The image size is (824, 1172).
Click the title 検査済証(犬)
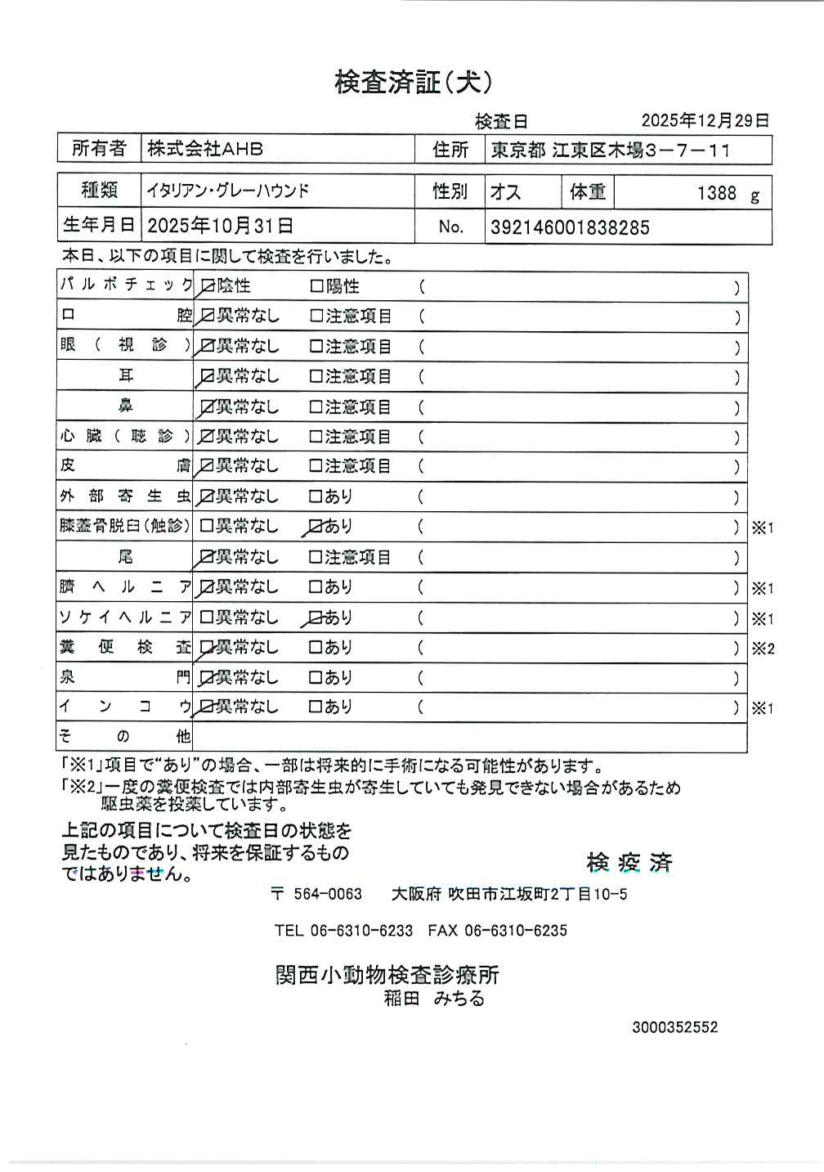(x=413, y=82)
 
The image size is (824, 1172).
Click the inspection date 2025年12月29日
(x=705, y=120)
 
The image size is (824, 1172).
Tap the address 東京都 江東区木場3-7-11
(x=610, y=150)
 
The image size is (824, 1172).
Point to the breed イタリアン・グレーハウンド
(x=228, y=191)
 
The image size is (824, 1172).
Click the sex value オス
(x=505, y=192)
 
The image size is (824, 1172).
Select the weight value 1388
(x=717, y=193)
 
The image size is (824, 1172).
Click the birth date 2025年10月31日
(x=220, y=226)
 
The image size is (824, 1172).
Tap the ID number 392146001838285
(x=570, y=227)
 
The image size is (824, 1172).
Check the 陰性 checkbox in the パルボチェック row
(x=207, y=286)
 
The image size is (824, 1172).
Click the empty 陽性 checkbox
(x=316, y=287)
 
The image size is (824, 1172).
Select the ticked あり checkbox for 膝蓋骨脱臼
(x=316, y=527)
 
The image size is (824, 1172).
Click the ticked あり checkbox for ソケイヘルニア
(x=316, y=617)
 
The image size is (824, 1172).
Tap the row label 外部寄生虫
(x=124, y=496)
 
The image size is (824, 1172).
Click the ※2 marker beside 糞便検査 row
(x=762, y=649)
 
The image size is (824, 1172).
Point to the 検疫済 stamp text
(x=629, y=862)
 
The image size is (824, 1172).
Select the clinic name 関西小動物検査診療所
(x=387, y=974)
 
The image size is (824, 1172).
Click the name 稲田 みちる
(x=434, y=998)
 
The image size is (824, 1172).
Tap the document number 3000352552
(x=674, y=1027)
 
